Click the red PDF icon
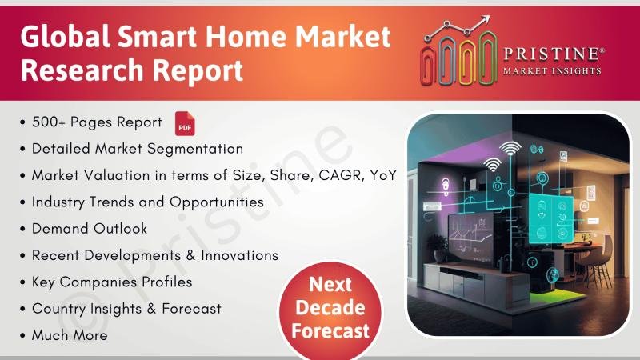(x=185, y=123)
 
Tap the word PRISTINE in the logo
(x=551, y=54)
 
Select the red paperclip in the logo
(x=428, y=65)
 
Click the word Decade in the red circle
(x=330, y=308)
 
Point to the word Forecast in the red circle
(x=330, y=330)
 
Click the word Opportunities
(x=217, y=202)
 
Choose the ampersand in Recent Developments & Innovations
(x=190, y=255)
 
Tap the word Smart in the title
(x=158, y=37)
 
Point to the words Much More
(x=70, y=335)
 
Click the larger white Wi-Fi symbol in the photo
(x=510, y=149)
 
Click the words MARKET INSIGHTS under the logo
(x=552, y=71)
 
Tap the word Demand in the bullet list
(x=59, y=229)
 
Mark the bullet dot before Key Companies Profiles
(x=22, y=282)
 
